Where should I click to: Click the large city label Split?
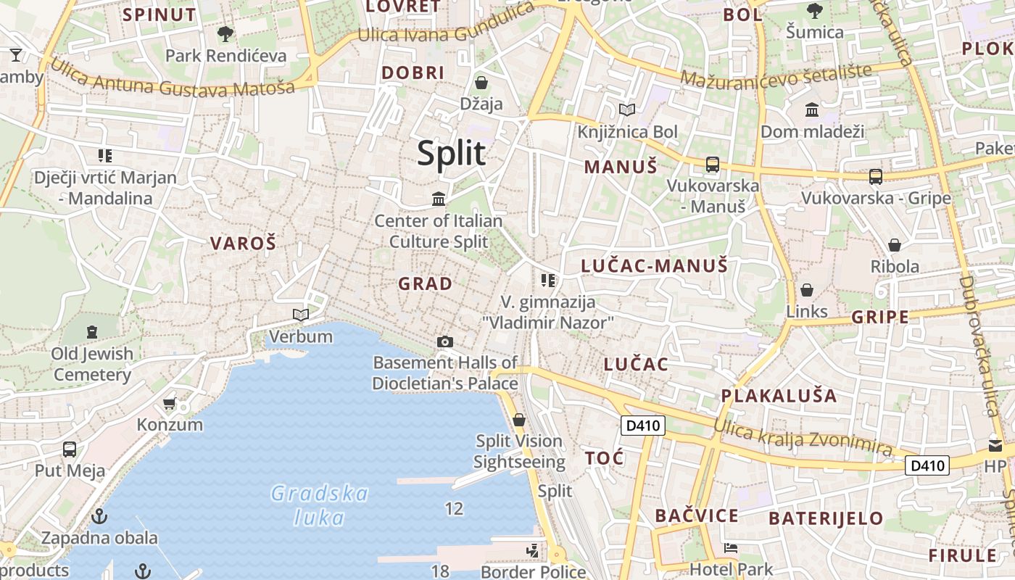(x=451, y=154)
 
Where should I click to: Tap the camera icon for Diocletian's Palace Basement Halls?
(x=445, y=341)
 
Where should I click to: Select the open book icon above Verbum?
(x=301, y=315)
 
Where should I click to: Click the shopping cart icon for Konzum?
(x=170, y=403)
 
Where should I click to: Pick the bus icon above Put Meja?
(x=70, y=449)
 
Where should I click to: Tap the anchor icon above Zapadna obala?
(x=99, y=516)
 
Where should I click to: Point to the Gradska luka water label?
(x=319, y=505)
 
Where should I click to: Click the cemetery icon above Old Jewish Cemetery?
(x=92, y=332)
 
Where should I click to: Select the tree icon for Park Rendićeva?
(x=225, y=33)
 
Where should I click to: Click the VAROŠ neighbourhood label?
(x=244, y=244)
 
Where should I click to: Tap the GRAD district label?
(x=426, y=284)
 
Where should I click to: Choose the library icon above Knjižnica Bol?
(x=627, y=110)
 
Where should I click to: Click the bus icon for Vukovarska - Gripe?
(x=876, y=176)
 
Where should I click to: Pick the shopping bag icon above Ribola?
(x=895, y=245)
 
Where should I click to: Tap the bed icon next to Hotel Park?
(x=731, y=548)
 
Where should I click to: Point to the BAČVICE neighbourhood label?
(x=697, y=516)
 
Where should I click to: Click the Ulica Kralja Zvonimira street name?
(x=802, y=436)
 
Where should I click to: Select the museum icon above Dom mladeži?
(x=812, y=110)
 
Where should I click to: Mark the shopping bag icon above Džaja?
(x=481, y=83)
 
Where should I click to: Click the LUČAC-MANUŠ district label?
(x=654, y=266)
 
